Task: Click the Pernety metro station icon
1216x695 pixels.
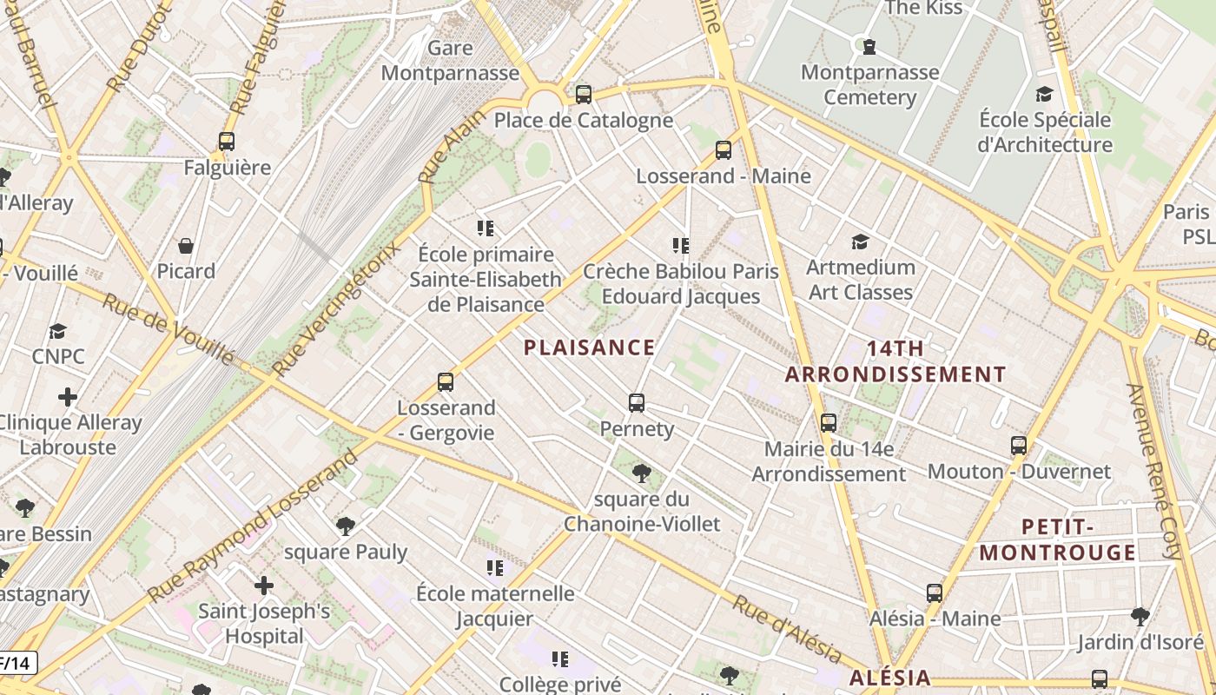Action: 637,403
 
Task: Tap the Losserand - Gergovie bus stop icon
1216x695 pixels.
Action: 446,382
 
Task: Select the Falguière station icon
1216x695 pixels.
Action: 227,142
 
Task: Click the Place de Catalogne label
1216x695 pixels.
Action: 583,120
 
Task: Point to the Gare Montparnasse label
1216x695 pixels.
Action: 450,60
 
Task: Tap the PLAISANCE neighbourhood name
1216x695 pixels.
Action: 589,347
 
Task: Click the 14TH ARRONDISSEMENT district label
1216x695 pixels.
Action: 895,361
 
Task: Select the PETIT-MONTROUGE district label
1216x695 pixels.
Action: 1057,539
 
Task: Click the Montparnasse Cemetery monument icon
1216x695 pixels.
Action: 869,46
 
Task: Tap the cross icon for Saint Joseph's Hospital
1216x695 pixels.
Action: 264,586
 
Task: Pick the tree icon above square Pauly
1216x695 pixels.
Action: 346,526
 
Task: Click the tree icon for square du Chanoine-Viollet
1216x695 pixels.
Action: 642,473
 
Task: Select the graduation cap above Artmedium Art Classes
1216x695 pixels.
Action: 860,242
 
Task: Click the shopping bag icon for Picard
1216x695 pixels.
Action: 186,246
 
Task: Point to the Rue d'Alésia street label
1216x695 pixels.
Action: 786,630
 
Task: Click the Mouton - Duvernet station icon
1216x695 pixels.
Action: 1019,446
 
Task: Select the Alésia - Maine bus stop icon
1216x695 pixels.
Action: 935,593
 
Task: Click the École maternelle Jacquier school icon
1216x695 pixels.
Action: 495,568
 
